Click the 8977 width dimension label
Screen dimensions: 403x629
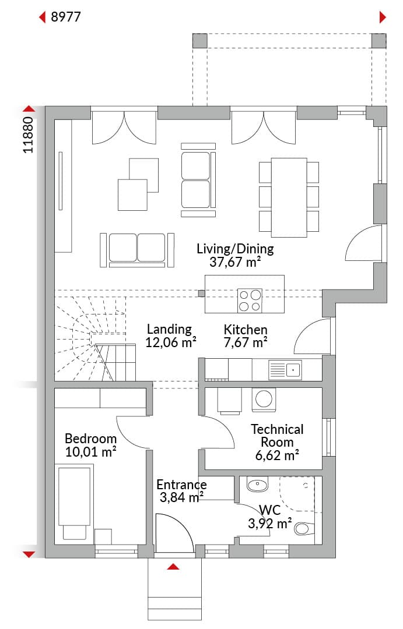65,17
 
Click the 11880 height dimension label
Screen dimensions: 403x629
28,135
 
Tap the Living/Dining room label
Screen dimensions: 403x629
235,249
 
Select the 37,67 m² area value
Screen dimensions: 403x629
235,262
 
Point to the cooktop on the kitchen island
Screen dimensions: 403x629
250,301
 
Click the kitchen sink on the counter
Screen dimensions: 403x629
285,369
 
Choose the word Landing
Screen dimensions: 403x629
169,329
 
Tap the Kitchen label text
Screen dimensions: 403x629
246,330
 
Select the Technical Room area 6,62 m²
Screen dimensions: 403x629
277,455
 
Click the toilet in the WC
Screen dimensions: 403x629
304,528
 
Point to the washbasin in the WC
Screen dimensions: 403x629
257,485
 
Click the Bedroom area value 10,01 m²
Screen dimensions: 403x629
91,452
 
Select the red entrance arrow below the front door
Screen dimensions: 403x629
173,567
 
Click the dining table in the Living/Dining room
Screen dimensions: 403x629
289,197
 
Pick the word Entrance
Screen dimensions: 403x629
181,484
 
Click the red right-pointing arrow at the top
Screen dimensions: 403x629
383,17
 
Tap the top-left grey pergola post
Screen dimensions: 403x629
199,41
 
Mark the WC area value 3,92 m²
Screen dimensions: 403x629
269,523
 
